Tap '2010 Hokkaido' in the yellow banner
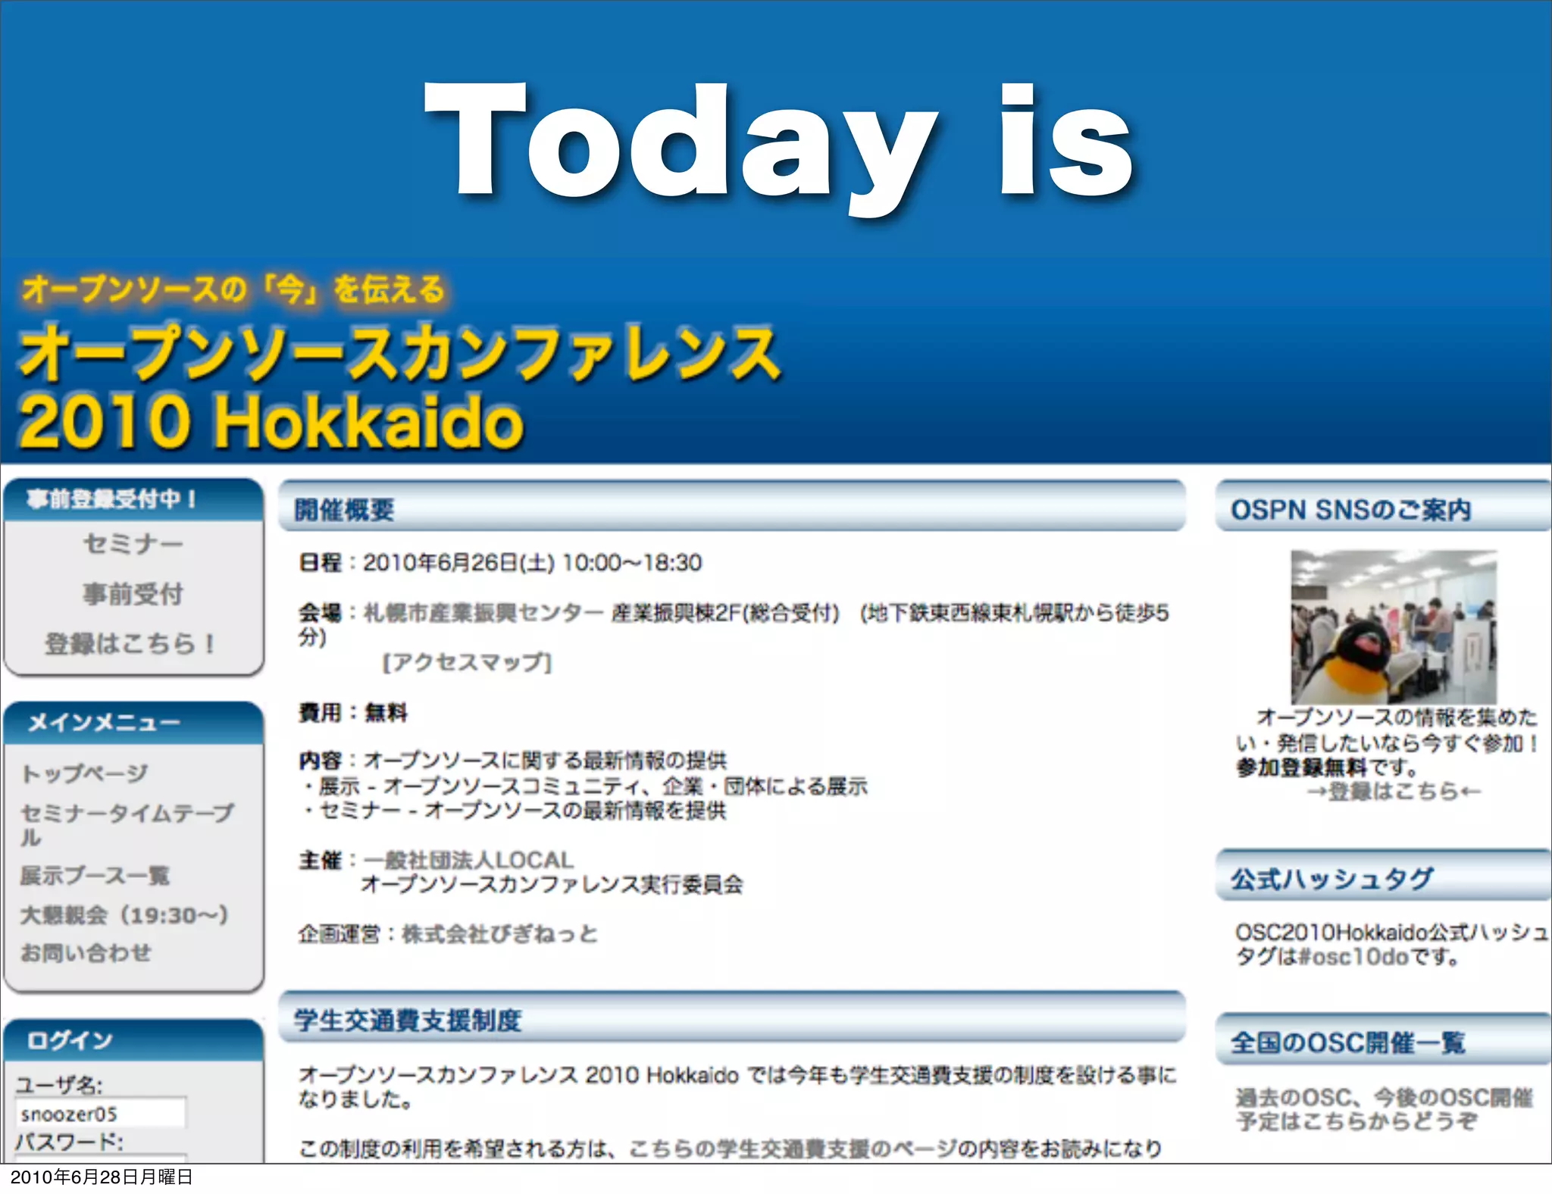coord(271,421)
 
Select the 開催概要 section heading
coord(344,510)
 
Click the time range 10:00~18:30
coord(632,563)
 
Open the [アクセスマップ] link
coord(467,663)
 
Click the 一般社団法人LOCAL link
coord(468,860)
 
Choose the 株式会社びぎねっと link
coord(499,934)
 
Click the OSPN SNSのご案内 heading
coord(1350,510)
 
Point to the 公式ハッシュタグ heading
coord(1331,879)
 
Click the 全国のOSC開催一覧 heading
coord(1347,1042)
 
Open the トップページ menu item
coord(84,774)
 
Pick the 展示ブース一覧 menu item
coord(95,876)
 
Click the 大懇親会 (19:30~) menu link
coord(124,915)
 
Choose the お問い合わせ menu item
coord(86,953)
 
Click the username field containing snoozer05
coord(100,1114)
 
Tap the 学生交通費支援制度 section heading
coord(408,1020)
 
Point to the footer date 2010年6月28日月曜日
coord(102,1177)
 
